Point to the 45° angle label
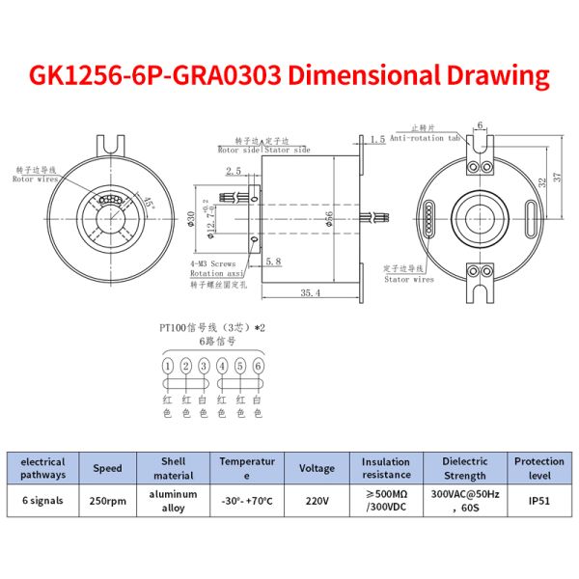point(148,203)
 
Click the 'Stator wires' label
point(409,280)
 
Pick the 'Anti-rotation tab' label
point(428,138)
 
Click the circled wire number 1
point(168,366)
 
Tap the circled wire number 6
point(258,366)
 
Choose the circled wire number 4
point(222,366)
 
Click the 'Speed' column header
point(107,468)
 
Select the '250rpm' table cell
point(107,502)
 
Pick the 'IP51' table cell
point(538,502)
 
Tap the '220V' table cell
point(317,502)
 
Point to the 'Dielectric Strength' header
point(464,468)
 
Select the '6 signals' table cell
point(43,502)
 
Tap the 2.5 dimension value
point(233,171)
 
